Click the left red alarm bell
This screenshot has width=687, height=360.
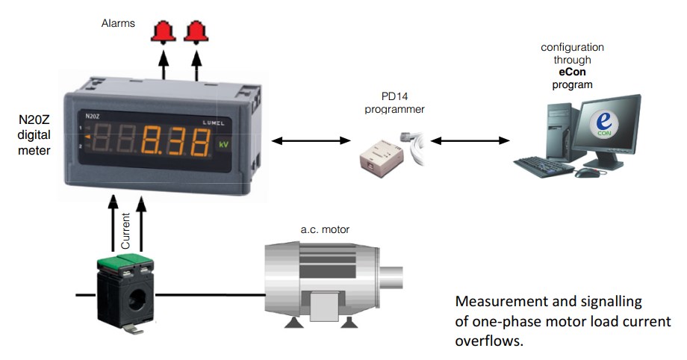(164, 31)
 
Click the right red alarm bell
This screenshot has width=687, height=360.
(196, 31)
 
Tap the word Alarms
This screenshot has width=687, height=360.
(118, 23)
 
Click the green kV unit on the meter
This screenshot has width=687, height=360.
(223, 143)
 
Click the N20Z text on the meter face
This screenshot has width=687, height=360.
(93, 117)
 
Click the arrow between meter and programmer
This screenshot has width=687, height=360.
(311, 140)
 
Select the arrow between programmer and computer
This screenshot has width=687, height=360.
(470, 140)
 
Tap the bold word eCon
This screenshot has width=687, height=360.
(572, 72)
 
